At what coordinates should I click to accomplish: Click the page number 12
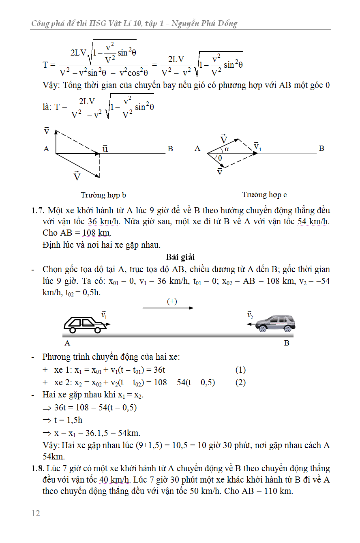tap(36, 513)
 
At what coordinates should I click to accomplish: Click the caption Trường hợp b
tap(103, 195)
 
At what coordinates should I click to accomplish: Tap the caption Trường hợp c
tap(264, 195)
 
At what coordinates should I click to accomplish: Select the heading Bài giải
tap(180, 257)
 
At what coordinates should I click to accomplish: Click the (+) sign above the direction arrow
tap(172, 301)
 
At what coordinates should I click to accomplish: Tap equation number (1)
tap(240, 370)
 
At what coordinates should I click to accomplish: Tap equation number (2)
tap(240, 382)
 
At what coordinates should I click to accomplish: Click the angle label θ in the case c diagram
tap(220, 158)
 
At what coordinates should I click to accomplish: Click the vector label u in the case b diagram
tap(105, 148)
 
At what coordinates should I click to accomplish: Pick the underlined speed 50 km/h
tap(205, 491)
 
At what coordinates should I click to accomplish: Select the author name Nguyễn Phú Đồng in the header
tap(204, 24)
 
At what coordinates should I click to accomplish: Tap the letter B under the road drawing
tap(287, 343)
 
